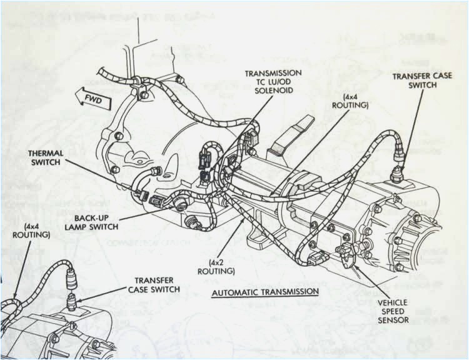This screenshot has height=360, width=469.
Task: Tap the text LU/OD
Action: coord(282,82)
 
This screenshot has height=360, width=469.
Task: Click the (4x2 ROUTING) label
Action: coord(216,267)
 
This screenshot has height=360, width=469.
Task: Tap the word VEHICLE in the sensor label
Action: coord(393,302)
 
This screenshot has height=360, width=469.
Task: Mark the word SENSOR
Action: coord(393,320)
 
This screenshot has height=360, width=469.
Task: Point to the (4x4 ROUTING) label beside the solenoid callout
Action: coord(355,101)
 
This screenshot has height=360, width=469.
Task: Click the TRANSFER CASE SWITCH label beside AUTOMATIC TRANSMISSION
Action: coord(154,285)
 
